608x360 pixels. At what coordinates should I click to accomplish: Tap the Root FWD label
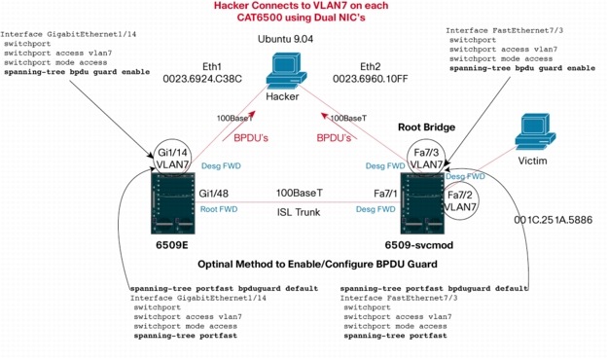(218, 208)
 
